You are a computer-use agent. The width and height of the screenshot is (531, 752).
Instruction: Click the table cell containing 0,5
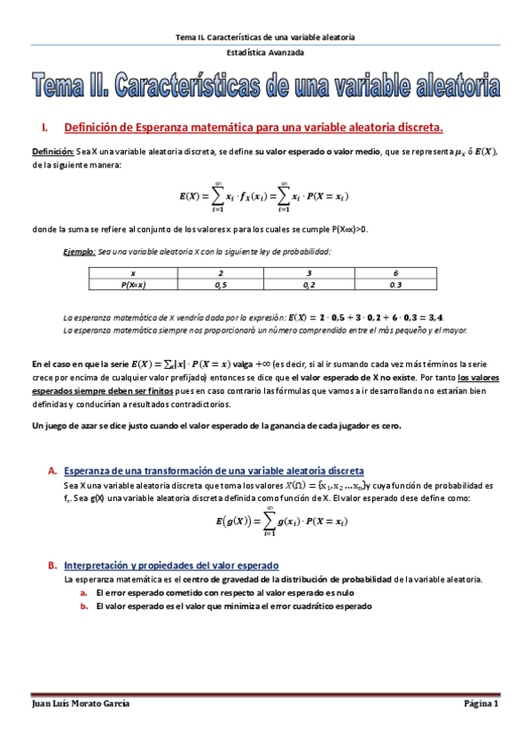point(220,286)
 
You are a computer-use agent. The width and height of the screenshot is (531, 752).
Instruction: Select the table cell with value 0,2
point(308,286)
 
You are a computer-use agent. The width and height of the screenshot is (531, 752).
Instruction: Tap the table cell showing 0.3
point(395,286)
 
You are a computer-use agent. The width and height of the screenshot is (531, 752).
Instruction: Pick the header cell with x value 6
point(395,273)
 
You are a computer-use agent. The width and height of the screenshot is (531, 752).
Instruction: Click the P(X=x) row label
point(133,286)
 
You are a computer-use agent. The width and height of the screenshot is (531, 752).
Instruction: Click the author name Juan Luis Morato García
point(81,703)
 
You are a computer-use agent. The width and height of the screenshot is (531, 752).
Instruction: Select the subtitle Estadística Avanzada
point(265,52)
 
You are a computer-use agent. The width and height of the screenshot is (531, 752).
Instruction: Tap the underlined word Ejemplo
point(79,252)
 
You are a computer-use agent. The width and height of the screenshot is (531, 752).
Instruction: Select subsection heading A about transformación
point(214,470)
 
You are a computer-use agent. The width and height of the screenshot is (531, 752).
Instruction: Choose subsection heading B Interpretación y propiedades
point(172,565)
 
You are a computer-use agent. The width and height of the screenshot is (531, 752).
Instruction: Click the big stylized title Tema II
point(265,86)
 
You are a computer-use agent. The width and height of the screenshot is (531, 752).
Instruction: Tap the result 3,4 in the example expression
point(433,317)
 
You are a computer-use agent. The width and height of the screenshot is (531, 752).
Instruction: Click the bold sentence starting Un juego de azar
point(216,426)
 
